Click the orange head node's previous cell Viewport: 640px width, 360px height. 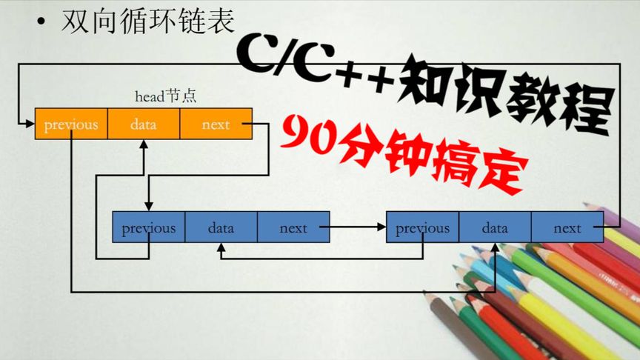pos(71,124)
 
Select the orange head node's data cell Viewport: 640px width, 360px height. pos(143,124)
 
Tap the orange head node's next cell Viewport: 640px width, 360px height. pos(216,124)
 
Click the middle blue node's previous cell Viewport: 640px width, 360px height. pos(148,227)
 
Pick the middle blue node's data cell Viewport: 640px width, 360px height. pos(221,227)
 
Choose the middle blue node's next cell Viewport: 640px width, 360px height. pos(293,227)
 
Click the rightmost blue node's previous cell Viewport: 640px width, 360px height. pos(422,227)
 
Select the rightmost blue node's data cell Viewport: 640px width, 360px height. pos(495,227)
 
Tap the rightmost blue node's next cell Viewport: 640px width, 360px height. pos(567,227)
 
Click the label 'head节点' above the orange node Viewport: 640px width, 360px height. pos(165,96)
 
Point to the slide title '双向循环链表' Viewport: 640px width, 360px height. pos(147,20)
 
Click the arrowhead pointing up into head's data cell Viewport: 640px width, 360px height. pos(144,144)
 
